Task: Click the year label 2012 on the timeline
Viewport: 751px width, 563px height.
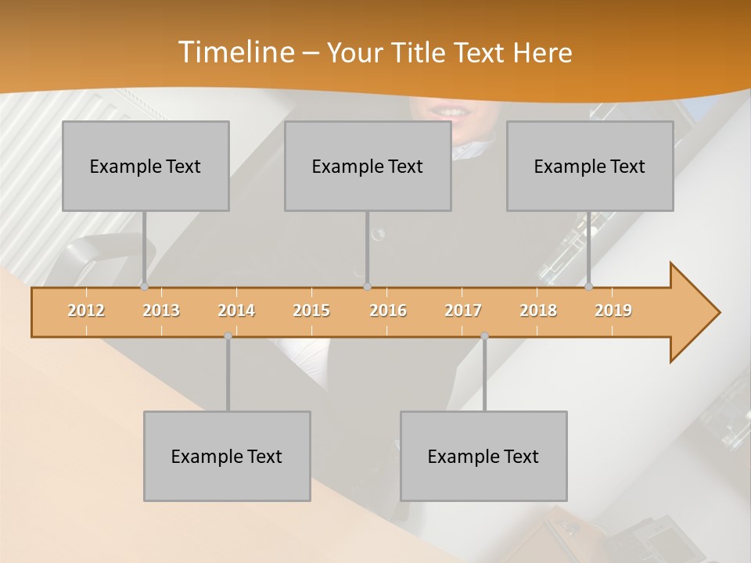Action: pos(86,310)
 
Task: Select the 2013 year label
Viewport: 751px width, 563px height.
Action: pos(161,310)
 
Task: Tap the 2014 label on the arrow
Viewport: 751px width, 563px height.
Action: pos(236,310)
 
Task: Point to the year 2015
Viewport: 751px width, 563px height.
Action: pos(311,310)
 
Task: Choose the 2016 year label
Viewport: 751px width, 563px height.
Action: pos(388,310)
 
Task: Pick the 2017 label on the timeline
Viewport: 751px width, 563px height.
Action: pos(463,310)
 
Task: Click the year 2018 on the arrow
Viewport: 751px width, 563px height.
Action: pos(538,310)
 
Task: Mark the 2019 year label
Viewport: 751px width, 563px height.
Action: pos(613,310)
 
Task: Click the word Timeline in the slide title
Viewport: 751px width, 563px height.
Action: pos(235,52)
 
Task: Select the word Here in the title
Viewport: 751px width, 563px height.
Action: pos(542,53)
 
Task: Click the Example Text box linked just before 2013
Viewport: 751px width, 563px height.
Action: pos(146,166)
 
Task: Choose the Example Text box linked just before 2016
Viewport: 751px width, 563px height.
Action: pos(368,166)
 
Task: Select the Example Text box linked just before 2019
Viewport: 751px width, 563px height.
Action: pos(590,166)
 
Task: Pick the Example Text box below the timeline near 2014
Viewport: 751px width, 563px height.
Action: pos(227,456)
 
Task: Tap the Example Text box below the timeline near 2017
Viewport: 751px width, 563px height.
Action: pos(483,456)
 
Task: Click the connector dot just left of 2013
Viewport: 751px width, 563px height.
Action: pos(144,286)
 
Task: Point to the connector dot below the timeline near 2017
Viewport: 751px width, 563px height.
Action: pos(484,336)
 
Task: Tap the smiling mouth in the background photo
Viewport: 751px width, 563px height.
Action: pos(452,111)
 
